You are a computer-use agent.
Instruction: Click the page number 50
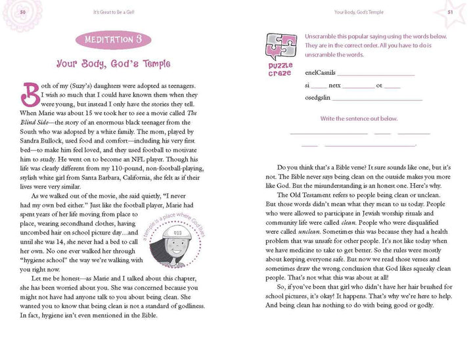tap(23, 12)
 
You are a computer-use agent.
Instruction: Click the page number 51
tap(450, 12)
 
